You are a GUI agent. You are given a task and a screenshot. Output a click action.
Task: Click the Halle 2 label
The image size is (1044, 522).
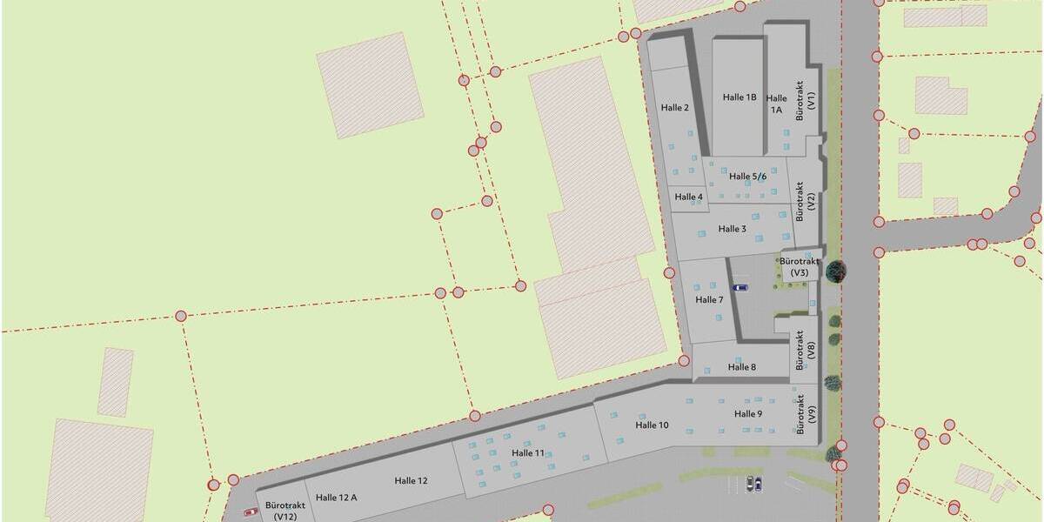pos(675,108)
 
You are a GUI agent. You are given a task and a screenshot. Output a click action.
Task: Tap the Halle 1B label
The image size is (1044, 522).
pos(739,97)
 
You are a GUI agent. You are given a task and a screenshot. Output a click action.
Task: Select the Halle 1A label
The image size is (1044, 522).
pos(776,104)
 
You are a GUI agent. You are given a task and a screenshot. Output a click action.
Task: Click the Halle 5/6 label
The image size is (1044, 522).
pos(748,177)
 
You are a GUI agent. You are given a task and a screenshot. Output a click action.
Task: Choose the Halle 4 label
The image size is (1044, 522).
pos(688,197)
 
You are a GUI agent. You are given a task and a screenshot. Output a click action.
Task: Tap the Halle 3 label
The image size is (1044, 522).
pos(733,229)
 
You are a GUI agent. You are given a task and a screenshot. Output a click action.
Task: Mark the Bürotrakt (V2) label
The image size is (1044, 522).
pos(806,200)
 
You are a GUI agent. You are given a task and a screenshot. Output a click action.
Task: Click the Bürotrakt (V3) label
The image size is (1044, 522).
pos(800,267)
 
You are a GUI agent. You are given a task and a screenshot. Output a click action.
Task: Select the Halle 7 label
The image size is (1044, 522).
pos(709,300)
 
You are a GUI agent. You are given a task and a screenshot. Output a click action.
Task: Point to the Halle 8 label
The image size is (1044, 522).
pos(742,367)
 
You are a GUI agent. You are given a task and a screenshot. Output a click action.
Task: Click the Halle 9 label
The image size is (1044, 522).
pos(748,414)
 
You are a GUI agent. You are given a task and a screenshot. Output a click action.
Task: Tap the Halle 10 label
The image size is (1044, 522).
pos(652,425)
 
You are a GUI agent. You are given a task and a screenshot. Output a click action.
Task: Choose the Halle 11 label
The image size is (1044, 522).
pos(528,453)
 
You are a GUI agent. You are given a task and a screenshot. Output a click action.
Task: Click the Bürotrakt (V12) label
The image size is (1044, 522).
pos(285,511)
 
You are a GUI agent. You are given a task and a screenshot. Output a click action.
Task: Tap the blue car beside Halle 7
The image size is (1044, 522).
pos(740,288)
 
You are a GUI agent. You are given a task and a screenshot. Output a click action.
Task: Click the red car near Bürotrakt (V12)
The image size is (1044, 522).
pos(251,512)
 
